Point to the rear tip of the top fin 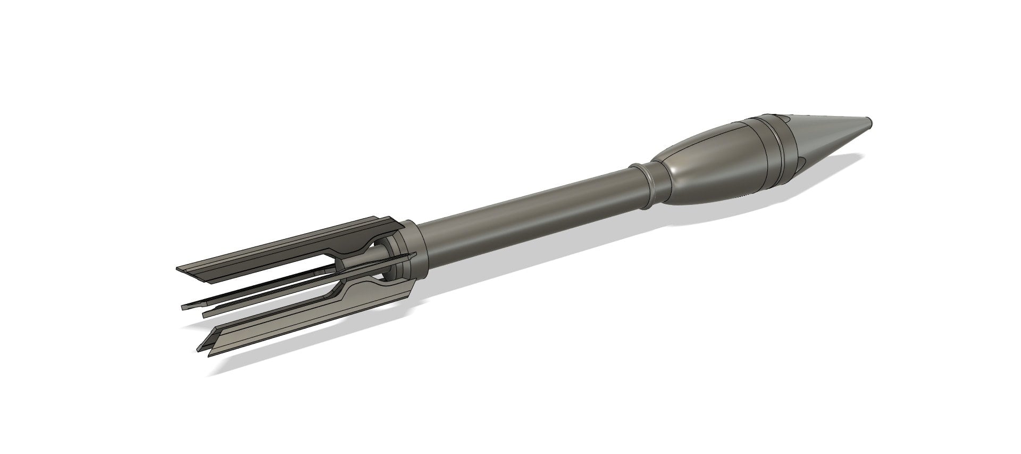(179, 269)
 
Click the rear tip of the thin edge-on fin (183, 308)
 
